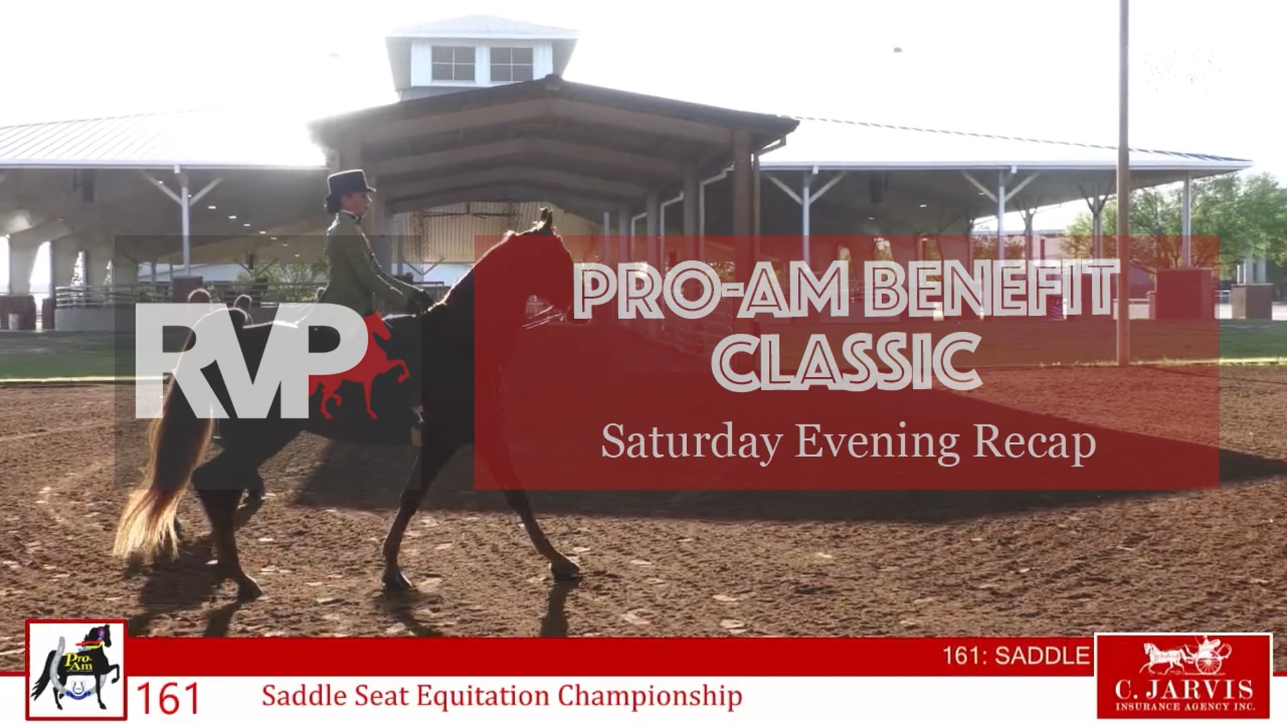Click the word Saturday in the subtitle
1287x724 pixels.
[691, 443]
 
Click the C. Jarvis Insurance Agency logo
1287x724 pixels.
[1183, 676]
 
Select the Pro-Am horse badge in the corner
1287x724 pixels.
[76, 670]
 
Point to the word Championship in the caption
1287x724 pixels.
[650, 696]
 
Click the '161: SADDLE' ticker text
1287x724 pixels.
[1016, 655]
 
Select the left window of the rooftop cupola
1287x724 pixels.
[452, 64]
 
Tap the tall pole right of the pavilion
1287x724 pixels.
[1123, 181]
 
